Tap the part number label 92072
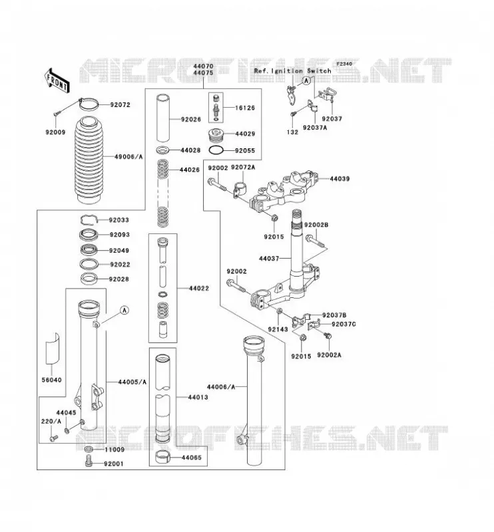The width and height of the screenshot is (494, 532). coord(120,105)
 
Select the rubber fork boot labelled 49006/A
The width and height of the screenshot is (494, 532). coord(89,160)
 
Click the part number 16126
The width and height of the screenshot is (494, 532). coord(245,108)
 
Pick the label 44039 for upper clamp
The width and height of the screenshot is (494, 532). coord(340,179)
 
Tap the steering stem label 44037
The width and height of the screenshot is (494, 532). coord(269,259)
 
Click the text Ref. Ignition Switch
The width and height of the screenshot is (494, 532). coord(292,71)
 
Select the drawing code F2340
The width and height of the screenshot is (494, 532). coord(344,64)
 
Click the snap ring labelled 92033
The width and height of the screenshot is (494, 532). coord(89,220)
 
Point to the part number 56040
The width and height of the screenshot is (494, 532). coord(52,380)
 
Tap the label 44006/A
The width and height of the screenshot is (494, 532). coord(221,387)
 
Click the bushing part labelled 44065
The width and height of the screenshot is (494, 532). coord(162,457)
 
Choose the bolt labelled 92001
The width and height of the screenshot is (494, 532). coord(89,462)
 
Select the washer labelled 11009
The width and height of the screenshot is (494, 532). coord(89,450)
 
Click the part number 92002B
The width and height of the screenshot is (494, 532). coord(316,225)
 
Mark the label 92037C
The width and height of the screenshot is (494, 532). coord(344,325)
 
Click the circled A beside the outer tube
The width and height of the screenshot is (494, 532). coord(124,310)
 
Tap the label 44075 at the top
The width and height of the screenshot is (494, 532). coord(203,73)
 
